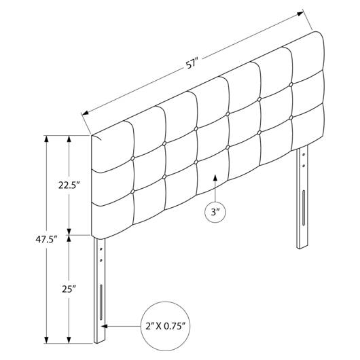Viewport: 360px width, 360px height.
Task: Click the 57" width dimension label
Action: [192, 64]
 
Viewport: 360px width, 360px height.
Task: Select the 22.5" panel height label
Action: [69, 185]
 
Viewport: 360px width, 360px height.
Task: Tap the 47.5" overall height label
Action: [46, 240]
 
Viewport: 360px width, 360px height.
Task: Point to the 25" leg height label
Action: [69, 289]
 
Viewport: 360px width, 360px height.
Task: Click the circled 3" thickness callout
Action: [215, 212]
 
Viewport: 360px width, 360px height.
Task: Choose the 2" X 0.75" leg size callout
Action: [165, 326]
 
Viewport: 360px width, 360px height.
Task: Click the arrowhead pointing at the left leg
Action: [105, 326]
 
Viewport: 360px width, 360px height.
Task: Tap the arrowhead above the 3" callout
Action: [215, 178]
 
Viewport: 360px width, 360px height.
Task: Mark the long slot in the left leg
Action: [101, 302]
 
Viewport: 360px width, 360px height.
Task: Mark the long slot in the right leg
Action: [304, 208]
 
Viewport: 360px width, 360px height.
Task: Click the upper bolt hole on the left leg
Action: [101, 249]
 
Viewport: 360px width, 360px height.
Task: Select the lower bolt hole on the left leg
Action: [101, 260]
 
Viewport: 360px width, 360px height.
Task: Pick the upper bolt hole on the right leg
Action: [304, 154]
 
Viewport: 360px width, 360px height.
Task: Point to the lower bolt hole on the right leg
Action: [304, 165]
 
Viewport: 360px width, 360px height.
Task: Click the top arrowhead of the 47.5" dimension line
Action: [46, 139]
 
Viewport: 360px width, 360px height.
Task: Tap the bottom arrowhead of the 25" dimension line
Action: [69, 340]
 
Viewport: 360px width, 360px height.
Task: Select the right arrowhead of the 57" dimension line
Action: [300, 14]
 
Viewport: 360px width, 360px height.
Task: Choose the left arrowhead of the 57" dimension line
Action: [86, 113]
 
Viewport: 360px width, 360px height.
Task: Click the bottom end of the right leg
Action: [302, 247]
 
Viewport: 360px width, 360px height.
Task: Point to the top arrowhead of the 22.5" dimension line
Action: [69, 139]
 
